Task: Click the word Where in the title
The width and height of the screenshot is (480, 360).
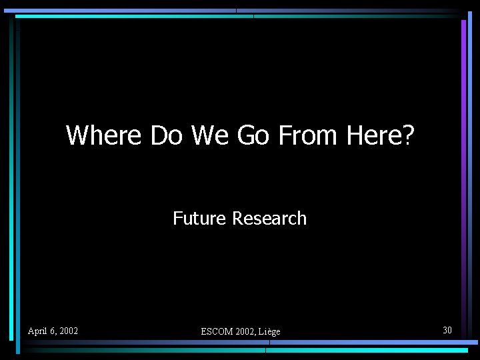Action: (x=103, y=135)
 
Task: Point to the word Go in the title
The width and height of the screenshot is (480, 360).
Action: (x=253, y=135)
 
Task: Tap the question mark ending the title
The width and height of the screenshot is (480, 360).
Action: (x=408, y=135)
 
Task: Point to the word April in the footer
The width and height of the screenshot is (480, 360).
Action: (x=37, y=331)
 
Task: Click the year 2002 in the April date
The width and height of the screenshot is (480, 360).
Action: (x=68, y=331)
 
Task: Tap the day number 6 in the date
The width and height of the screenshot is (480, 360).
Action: (x=52, y=331)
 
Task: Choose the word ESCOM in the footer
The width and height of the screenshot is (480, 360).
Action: (x=216, y=331)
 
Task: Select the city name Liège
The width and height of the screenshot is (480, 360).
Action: (x=269, y=331)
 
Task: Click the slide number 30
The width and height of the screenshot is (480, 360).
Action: (x=447, y=330)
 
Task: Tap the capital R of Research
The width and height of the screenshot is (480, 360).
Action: (x=237, y=218)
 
